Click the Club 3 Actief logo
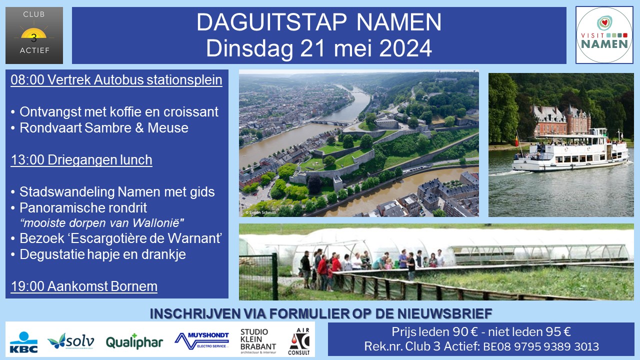point(34,35)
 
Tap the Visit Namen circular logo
point(604,35)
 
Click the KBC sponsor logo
point(23,342)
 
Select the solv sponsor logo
point(71,341)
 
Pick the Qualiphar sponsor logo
point(134,341)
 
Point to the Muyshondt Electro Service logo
point(201,340)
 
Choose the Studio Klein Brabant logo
point(258,341)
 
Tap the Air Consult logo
point(299,341)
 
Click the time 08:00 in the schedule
point(27,79)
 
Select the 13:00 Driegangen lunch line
point(81,160)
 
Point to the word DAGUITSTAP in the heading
point(271,22)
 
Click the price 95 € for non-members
point(558,332)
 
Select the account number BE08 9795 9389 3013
point(541,346)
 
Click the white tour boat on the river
point(570,151)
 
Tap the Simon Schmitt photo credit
point(260,212)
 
